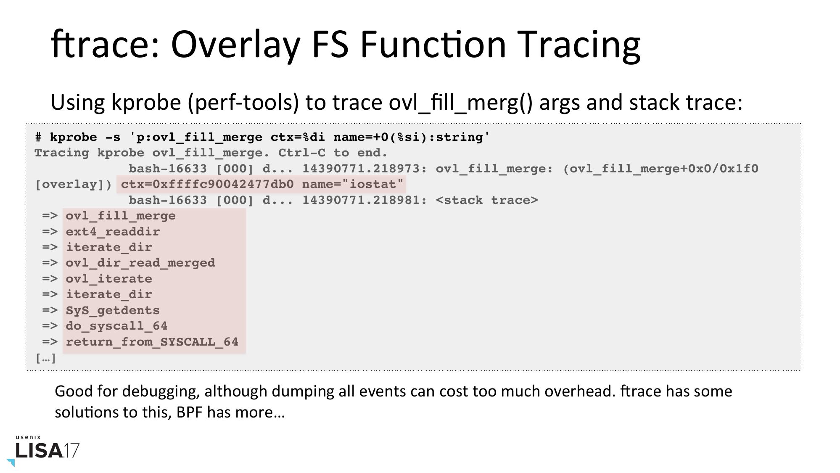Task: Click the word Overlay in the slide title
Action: (235, 45)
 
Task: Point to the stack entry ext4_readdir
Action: (113, 232)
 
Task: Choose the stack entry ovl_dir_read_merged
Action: (140, 263)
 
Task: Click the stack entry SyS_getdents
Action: (113, 311)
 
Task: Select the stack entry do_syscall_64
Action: (116, 326)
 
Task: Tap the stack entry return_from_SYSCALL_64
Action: (152, 342)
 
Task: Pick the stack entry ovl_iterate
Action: (109, 279)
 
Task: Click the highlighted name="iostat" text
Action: (353, 184)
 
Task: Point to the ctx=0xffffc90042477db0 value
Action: (207, 184)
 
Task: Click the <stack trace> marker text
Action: (487, 200)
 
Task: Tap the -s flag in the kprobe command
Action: (112, 137)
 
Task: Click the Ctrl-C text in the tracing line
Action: (302, 153)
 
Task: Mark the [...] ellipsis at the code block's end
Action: (45, 358)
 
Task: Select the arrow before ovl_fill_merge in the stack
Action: (50, 216)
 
